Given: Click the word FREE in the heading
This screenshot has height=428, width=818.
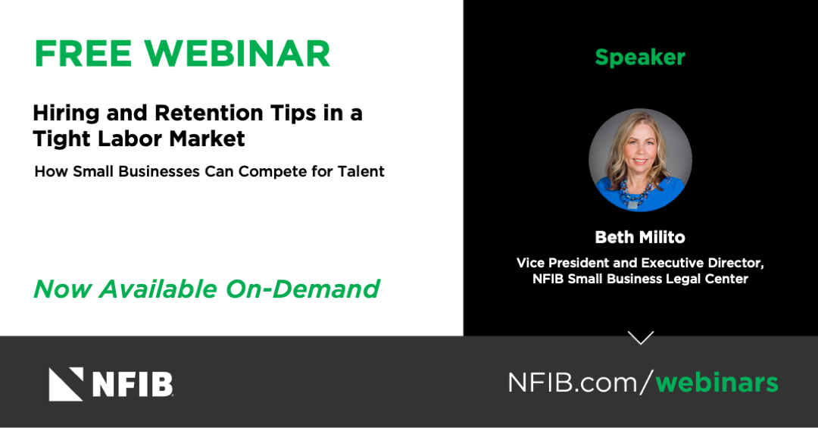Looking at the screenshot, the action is point(83,53).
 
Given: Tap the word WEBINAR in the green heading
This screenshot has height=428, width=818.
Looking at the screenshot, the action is point(237,53).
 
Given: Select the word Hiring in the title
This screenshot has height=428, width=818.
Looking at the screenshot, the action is point(66,114).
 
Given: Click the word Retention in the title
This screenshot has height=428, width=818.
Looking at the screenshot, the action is point(209,113).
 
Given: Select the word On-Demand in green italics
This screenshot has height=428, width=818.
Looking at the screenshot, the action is point(302,289).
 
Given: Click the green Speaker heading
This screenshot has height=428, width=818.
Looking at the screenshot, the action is point(640,58).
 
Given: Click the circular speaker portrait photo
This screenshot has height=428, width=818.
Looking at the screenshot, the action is point(641,160).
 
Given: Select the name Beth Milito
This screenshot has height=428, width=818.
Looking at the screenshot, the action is point(640,238).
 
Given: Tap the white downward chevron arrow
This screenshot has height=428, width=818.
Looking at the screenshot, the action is point(641,338).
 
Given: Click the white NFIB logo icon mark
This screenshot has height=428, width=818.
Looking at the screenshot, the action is point(66,384).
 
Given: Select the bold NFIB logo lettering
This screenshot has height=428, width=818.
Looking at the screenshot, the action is point(133,385).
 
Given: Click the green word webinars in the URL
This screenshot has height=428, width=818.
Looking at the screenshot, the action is point(717,383).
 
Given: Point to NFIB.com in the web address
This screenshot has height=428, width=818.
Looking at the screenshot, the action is point(573,383).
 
